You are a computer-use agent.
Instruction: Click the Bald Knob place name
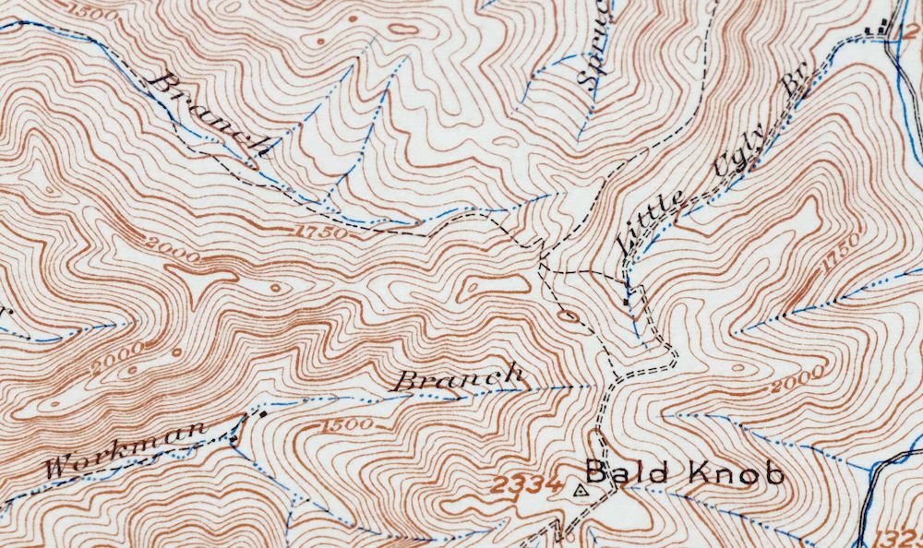685,474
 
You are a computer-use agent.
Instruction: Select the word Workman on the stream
126,449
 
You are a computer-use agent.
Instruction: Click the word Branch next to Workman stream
460,377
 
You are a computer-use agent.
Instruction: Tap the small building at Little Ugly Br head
628,300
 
